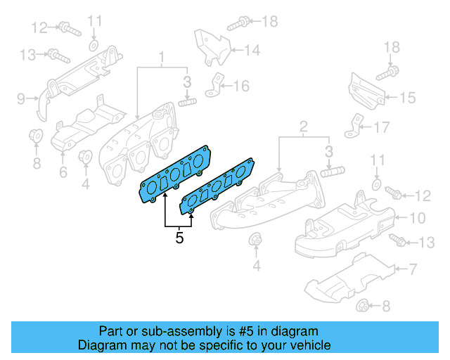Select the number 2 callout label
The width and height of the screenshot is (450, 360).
tap(303, 127)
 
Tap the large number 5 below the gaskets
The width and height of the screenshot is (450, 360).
tap(179, 238)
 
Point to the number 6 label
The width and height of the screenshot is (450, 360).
tap(63, 172)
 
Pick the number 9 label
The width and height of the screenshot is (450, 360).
tap(21, 98)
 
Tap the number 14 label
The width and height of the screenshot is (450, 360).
tap(252, 50)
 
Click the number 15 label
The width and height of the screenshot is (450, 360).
tap(408, 98)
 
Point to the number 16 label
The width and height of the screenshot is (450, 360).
tap(241, 86)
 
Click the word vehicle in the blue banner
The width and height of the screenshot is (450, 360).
tap(308, 345)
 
